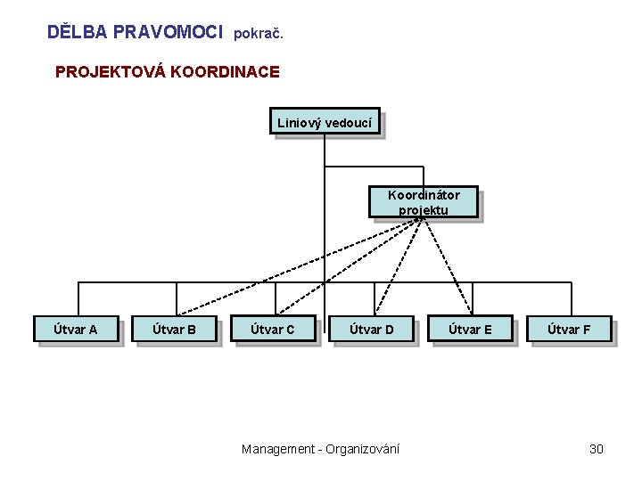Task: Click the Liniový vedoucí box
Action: [x=325, y=121]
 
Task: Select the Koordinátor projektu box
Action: [x=424, y=202]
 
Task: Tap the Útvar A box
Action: [x=76, y=330]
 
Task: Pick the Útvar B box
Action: [x=174, y=330]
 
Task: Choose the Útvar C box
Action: [x=272, y=330]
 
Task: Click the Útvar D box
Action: [x=371, y=330]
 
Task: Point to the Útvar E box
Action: [x=470, y=330]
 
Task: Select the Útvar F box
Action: [x=569, y=330]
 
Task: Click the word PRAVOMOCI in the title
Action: [x=168, y=32]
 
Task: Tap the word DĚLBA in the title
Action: [x=77, y=32]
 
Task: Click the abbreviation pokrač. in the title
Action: [x=258, y=34]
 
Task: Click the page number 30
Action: [x=597, y=449]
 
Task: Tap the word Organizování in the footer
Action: [x=363, y=449]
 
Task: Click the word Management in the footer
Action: [x=279, y=449]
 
